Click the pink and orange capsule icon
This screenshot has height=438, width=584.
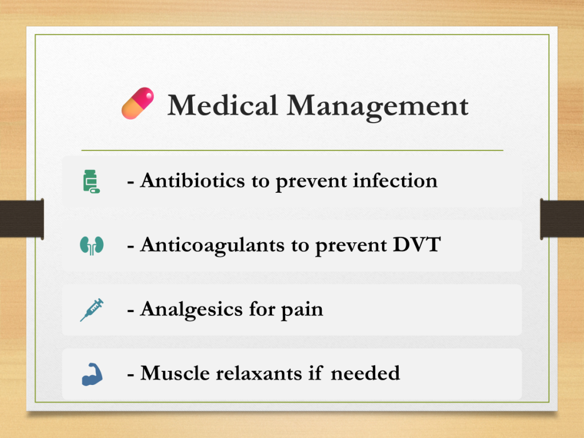137,103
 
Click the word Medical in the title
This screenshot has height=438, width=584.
223,106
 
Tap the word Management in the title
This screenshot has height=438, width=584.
378,107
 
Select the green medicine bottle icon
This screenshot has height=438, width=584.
91,181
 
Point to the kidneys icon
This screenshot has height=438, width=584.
92,245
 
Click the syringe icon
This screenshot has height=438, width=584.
92,310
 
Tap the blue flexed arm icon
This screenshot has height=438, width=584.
92,374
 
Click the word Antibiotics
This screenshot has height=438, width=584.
193,181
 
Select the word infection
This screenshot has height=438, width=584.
395,181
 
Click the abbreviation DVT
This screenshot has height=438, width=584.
417,245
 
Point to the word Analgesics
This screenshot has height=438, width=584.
191,310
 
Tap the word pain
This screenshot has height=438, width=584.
302,310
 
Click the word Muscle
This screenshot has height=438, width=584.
175,373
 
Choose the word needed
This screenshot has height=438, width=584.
366,373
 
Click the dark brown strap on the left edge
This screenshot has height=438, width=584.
22,219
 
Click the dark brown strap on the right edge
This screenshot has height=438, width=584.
562,219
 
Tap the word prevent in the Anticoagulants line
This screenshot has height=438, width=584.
351,246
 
